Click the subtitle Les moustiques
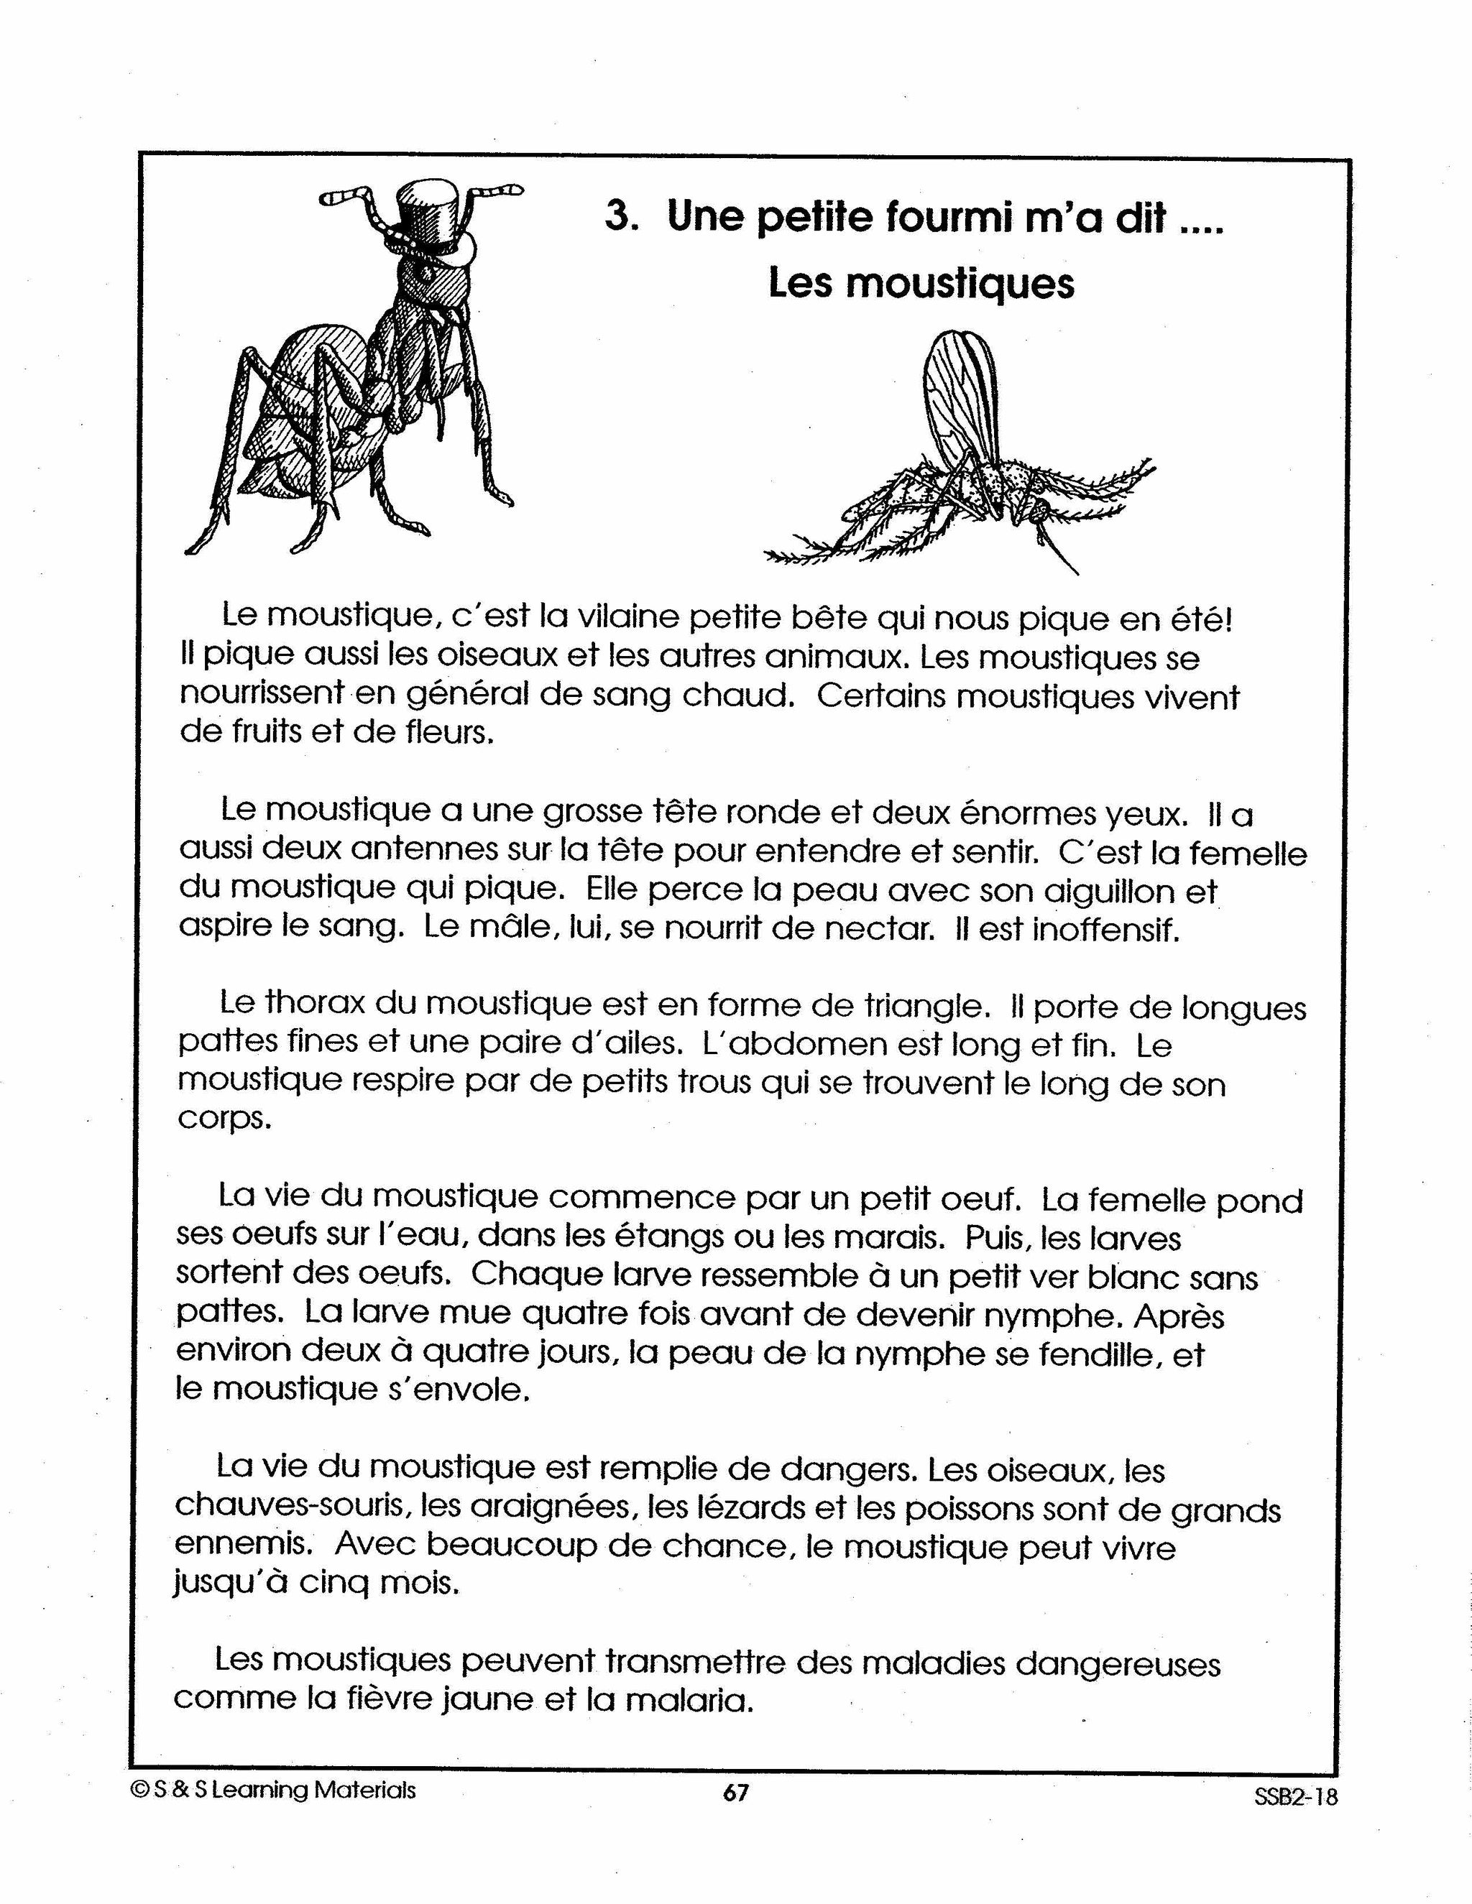click(x=921, y=283)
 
